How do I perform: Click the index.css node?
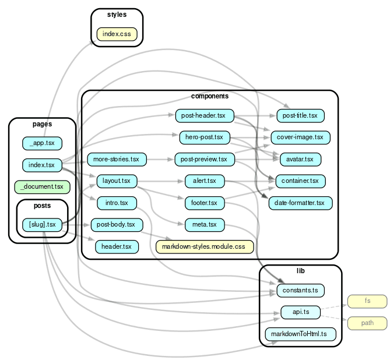pyautogui.click(x=117, y=34)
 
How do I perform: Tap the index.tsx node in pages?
pyautogui.click(x=42, y=165)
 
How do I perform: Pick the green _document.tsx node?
pyautogui.click(x=42, y=188)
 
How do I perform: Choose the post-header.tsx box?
pyautogui.click(x=204, y=116)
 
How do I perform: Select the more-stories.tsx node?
pyautogui.click(x=117, y=159)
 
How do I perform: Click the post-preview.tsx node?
pyautogui.click(x=204, y=159)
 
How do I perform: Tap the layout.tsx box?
pyautogui.click(x=117, y=181)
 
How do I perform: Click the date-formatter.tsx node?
pyautogui.click(x=300, y=203)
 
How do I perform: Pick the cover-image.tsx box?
pyautogui.click(x=300, y=137)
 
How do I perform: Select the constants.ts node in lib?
pyautogui.click(x=300, y=290)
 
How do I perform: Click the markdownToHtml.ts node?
pyautogui.click(x=300, y=334)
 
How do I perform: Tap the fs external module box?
pyautogui.click(x=367, y=301)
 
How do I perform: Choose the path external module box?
pyautogui.click(x=367, y=323)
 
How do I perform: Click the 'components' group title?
pyautogui.click(x=209, y=96)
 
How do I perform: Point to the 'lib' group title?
pyautogui.click(x=300, y=271)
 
